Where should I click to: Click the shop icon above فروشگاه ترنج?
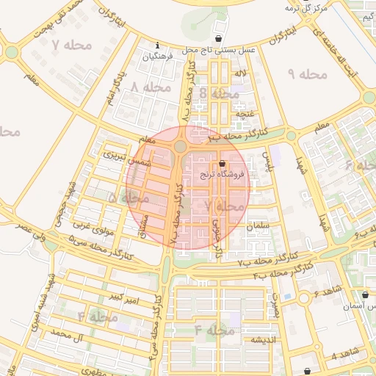point(223,163)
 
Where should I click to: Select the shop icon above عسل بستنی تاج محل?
point(218,38)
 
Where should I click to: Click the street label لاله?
point(240,75)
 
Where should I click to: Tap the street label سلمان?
point(259,225)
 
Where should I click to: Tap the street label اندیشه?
point(263,340)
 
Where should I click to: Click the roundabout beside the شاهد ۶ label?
point(303,298)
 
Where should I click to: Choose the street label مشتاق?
point(143,225)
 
